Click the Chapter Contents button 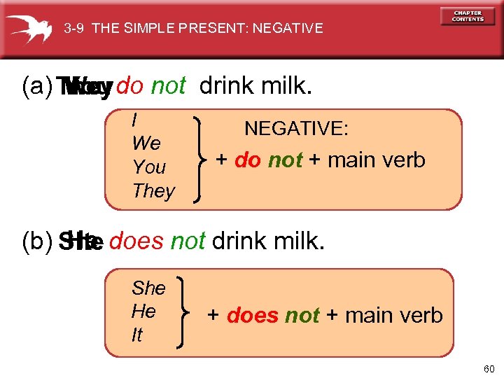point(468,16)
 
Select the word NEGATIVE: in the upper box point(296,129)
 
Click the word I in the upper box point(134,120)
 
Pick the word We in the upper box point(146,143)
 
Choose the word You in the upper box point(148,167)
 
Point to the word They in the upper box point(153,191)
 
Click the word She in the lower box point(148,288)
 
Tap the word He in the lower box point(143,311)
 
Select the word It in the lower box point(136,335)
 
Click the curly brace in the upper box point(198,159)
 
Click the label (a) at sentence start point(36,86)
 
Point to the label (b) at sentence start point(36,241)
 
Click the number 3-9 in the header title point(74,29)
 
